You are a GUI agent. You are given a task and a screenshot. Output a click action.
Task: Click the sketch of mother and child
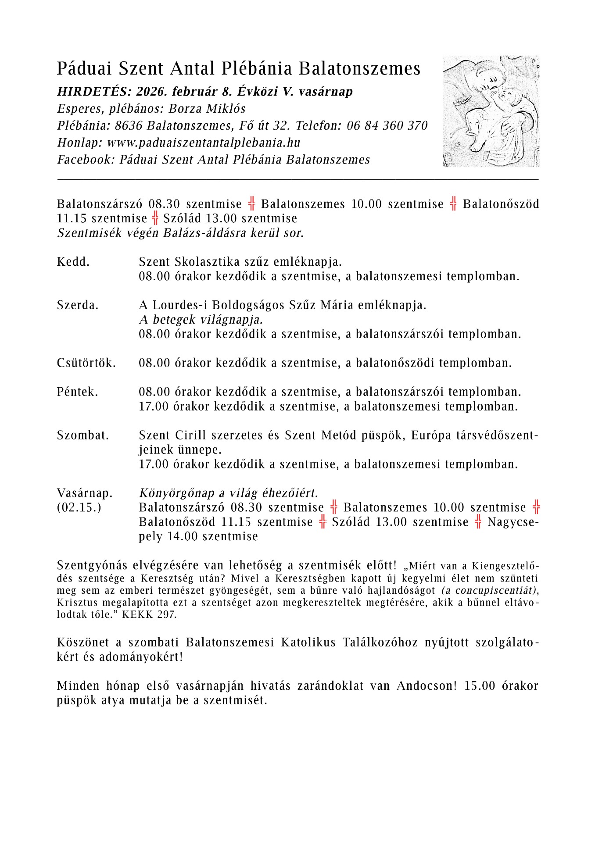pyautogui.click(x=491, y=111)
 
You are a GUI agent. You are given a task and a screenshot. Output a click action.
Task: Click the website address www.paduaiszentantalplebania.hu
pyautogui.click(x=204, y=143)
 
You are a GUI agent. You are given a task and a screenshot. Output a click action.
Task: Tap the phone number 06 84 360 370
pyautogui.click(x=387, y=126)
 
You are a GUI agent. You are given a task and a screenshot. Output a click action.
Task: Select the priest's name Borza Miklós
pyautogui.click(x=207, y=109)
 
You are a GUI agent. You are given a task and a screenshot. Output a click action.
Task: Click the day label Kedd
pyautogui.click(x=73, y=262)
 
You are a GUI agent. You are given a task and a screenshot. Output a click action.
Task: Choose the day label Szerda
pyautogui.click(x=78, y=305)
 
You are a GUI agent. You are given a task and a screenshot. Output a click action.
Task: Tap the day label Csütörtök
pyautogui.click(x=86, y=363)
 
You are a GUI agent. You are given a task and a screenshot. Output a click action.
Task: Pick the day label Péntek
pyautogui.click(x=77, y=392)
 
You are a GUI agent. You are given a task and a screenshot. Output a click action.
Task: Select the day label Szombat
pyautogui.click(x=83, y=435)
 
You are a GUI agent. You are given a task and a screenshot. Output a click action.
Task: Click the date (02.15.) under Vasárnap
pyautogui.click(x=79, y=508)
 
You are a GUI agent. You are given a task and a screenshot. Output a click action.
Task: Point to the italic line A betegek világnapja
pyautogui.click(x=201, y=320)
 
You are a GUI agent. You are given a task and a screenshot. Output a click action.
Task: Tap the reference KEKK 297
pyautogui.click(x=149, y=615)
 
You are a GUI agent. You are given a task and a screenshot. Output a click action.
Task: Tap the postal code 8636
pyautogui.click(x=129, y=126)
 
